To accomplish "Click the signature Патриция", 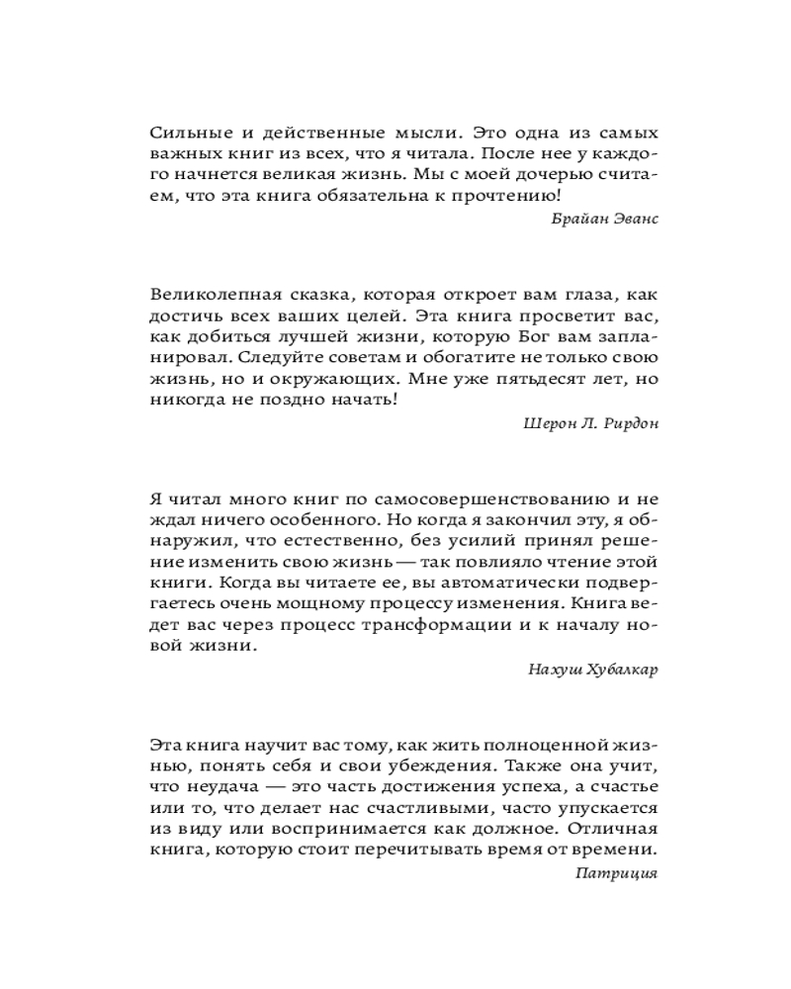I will [x=615, y=874].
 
